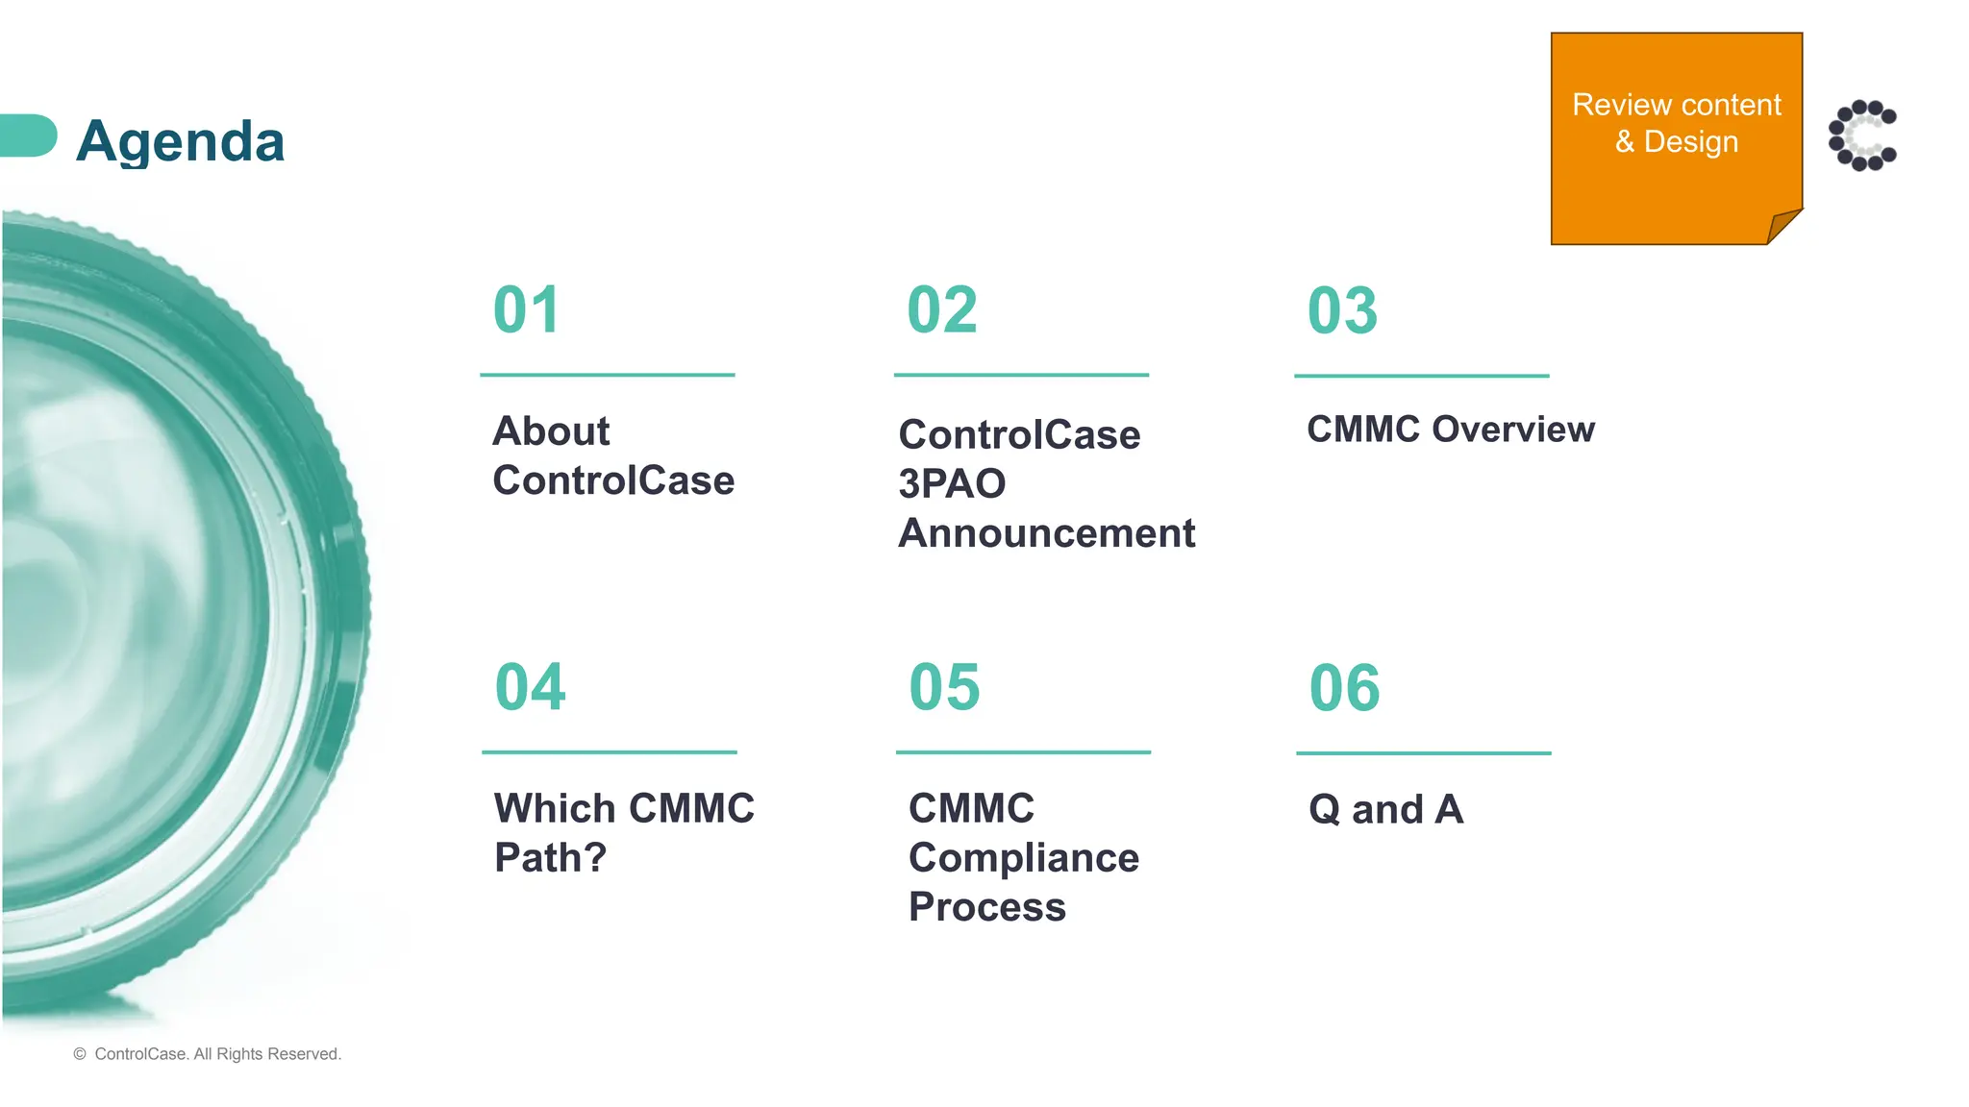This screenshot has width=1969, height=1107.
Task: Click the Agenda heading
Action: point(180,141)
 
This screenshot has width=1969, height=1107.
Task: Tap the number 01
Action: point(526,310)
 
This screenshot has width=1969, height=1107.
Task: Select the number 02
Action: point(941,310)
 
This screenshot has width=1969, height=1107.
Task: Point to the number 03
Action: point(1342,311)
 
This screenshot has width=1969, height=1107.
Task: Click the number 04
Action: point(530,687)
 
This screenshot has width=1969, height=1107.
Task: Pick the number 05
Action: point(944,688)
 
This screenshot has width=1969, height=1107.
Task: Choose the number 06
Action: point(1344,688)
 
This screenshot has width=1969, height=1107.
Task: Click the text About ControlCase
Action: point(612,455)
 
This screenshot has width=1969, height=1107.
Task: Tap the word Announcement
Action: point(1046,533)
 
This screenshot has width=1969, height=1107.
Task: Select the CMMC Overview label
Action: point(1450,430)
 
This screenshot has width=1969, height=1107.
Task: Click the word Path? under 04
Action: point(550,857)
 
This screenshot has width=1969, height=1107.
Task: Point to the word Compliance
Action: point(1024,857)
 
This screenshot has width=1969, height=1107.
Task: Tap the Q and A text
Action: point(1385,809)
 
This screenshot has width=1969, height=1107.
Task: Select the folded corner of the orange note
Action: point(1784,227)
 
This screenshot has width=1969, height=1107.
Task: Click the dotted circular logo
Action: point(1862,135)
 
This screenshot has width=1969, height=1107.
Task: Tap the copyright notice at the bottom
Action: point(208,1054)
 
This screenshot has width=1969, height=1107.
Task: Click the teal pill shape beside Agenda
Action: point(27,135)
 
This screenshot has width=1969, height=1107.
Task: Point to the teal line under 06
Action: point(1423,753)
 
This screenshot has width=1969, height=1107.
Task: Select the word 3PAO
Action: point(952,484)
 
